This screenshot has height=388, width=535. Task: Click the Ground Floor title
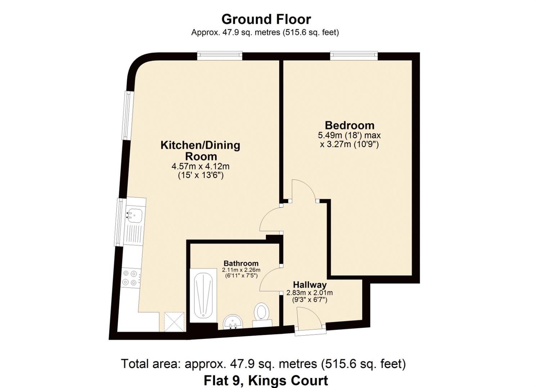tap(266, 19)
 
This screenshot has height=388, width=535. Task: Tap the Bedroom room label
tap(349, 125)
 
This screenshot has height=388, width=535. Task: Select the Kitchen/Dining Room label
tap(200, 151)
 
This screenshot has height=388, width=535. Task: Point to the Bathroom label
tap(241, 263)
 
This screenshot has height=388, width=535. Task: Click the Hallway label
tap(310, 285)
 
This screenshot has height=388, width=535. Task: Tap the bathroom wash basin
tap(233, 322)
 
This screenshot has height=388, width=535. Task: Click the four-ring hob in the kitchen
tap(130, 278)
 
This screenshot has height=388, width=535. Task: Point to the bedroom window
tap(354, 55)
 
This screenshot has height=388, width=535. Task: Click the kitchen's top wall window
tap(220, 55)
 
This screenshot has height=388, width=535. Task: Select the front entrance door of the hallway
tap(309, 320)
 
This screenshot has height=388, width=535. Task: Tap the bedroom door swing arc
tap(303, 189)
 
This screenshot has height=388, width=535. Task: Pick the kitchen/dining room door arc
tap(270, 220)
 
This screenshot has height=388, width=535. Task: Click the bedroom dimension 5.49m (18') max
tap(349, 136)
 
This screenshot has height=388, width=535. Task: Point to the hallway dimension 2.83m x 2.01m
tap(309, 293)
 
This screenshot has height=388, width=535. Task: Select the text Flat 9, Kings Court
tap(266, 380)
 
